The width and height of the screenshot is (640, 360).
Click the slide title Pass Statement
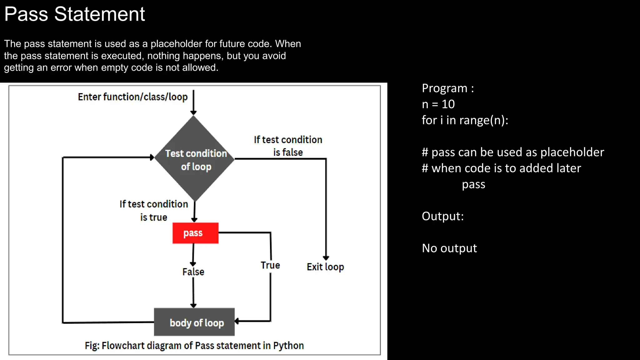click(74, 14)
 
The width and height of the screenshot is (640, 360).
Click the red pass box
click(195, 233)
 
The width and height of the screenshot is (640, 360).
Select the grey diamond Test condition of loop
click(195, 159)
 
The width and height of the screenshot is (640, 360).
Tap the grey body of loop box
click(194, 322)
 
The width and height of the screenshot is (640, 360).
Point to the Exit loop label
click(325, 267)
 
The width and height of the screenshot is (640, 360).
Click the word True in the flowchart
click(270, 265)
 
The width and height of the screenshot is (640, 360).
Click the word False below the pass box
click(193, 272)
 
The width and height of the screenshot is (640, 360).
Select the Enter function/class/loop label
click(132, 97)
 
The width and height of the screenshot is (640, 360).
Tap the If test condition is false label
click(288, 146)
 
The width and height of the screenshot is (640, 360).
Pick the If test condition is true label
click(154, 211)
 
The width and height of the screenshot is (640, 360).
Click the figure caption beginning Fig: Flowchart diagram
click(194, 346)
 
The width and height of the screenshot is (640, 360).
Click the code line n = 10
click(438, 104)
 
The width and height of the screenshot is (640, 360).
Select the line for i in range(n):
click(465, 120)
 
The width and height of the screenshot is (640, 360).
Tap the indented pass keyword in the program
click(473, 184)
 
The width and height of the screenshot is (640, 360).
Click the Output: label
click(442, 216)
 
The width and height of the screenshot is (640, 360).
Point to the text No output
click(449, 248)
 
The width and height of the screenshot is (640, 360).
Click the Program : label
click(447, 88)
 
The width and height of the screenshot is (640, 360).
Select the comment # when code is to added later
click(501, 168)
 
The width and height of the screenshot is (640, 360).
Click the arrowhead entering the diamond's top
click(193, 113)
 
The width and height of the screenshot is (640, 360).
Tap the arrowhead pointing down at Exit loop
click(326, 258)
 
